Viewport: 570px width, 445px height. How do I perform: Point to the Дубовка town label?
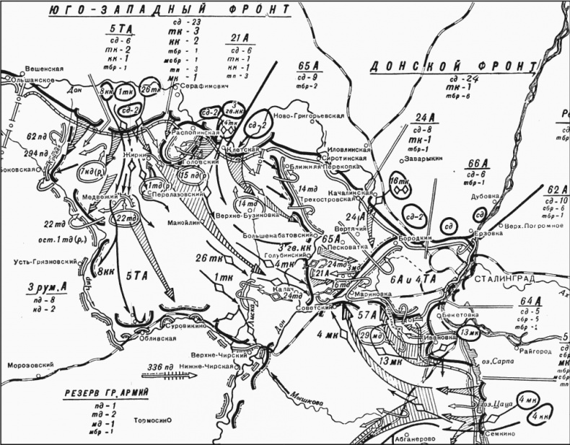(484, 195)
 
